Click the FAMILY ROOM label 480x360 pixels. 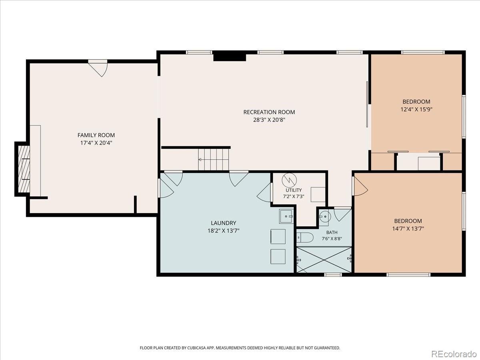96,135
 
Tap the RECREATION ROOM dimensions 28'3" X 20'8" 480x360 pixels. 269,120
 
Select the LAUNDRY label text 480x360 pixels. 224,223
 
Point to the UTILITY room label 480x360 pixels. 294,190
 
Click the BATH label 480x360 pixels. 332,232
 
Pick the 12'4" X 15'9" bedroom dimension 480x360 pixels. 416,109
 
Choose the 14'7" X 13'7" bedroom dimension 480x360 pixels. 408,229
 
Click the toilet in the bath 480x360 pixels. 305,238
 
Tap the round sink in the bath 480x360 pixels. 325,217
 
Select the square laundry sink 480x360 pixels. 286,216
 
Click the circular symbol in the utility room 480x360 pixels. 289,180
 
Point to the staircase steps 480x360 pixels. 214,159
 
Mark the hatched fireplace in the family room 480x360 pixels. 24,169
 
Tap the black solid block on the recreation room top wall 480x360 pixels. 230,56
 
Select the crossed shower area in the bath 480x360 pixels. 324,260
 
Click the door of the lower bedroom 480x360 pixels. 360,186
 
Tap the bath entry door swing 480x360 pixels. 342,215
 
